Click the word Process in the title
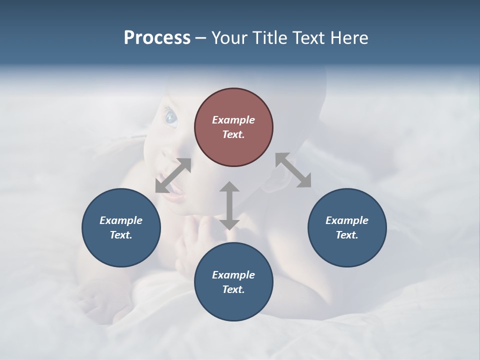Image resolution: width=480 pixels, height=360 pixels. point(157,38)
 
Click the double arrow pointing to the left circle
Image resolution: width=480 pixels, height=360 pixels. point(173,175)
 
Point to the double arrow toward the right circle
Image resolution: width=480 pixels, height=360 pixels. point(293,170)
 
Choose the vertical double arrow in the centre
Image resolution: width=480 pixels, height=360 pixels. point(229,205)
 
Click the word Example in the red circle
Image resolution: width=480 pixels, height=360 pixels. point(233,120)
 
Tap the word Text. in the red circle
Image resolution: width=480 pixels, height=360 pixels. point(233,134)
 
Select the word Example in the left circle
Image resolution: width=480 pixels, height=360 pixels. point(121,220)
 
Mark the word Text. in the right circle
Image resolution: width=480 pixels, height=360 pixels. point(347,235)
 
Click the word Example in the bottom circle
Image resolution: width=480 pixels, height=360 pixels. point(233,275)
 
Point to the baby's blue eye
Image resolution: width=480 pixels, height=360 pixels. point(171,118)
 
